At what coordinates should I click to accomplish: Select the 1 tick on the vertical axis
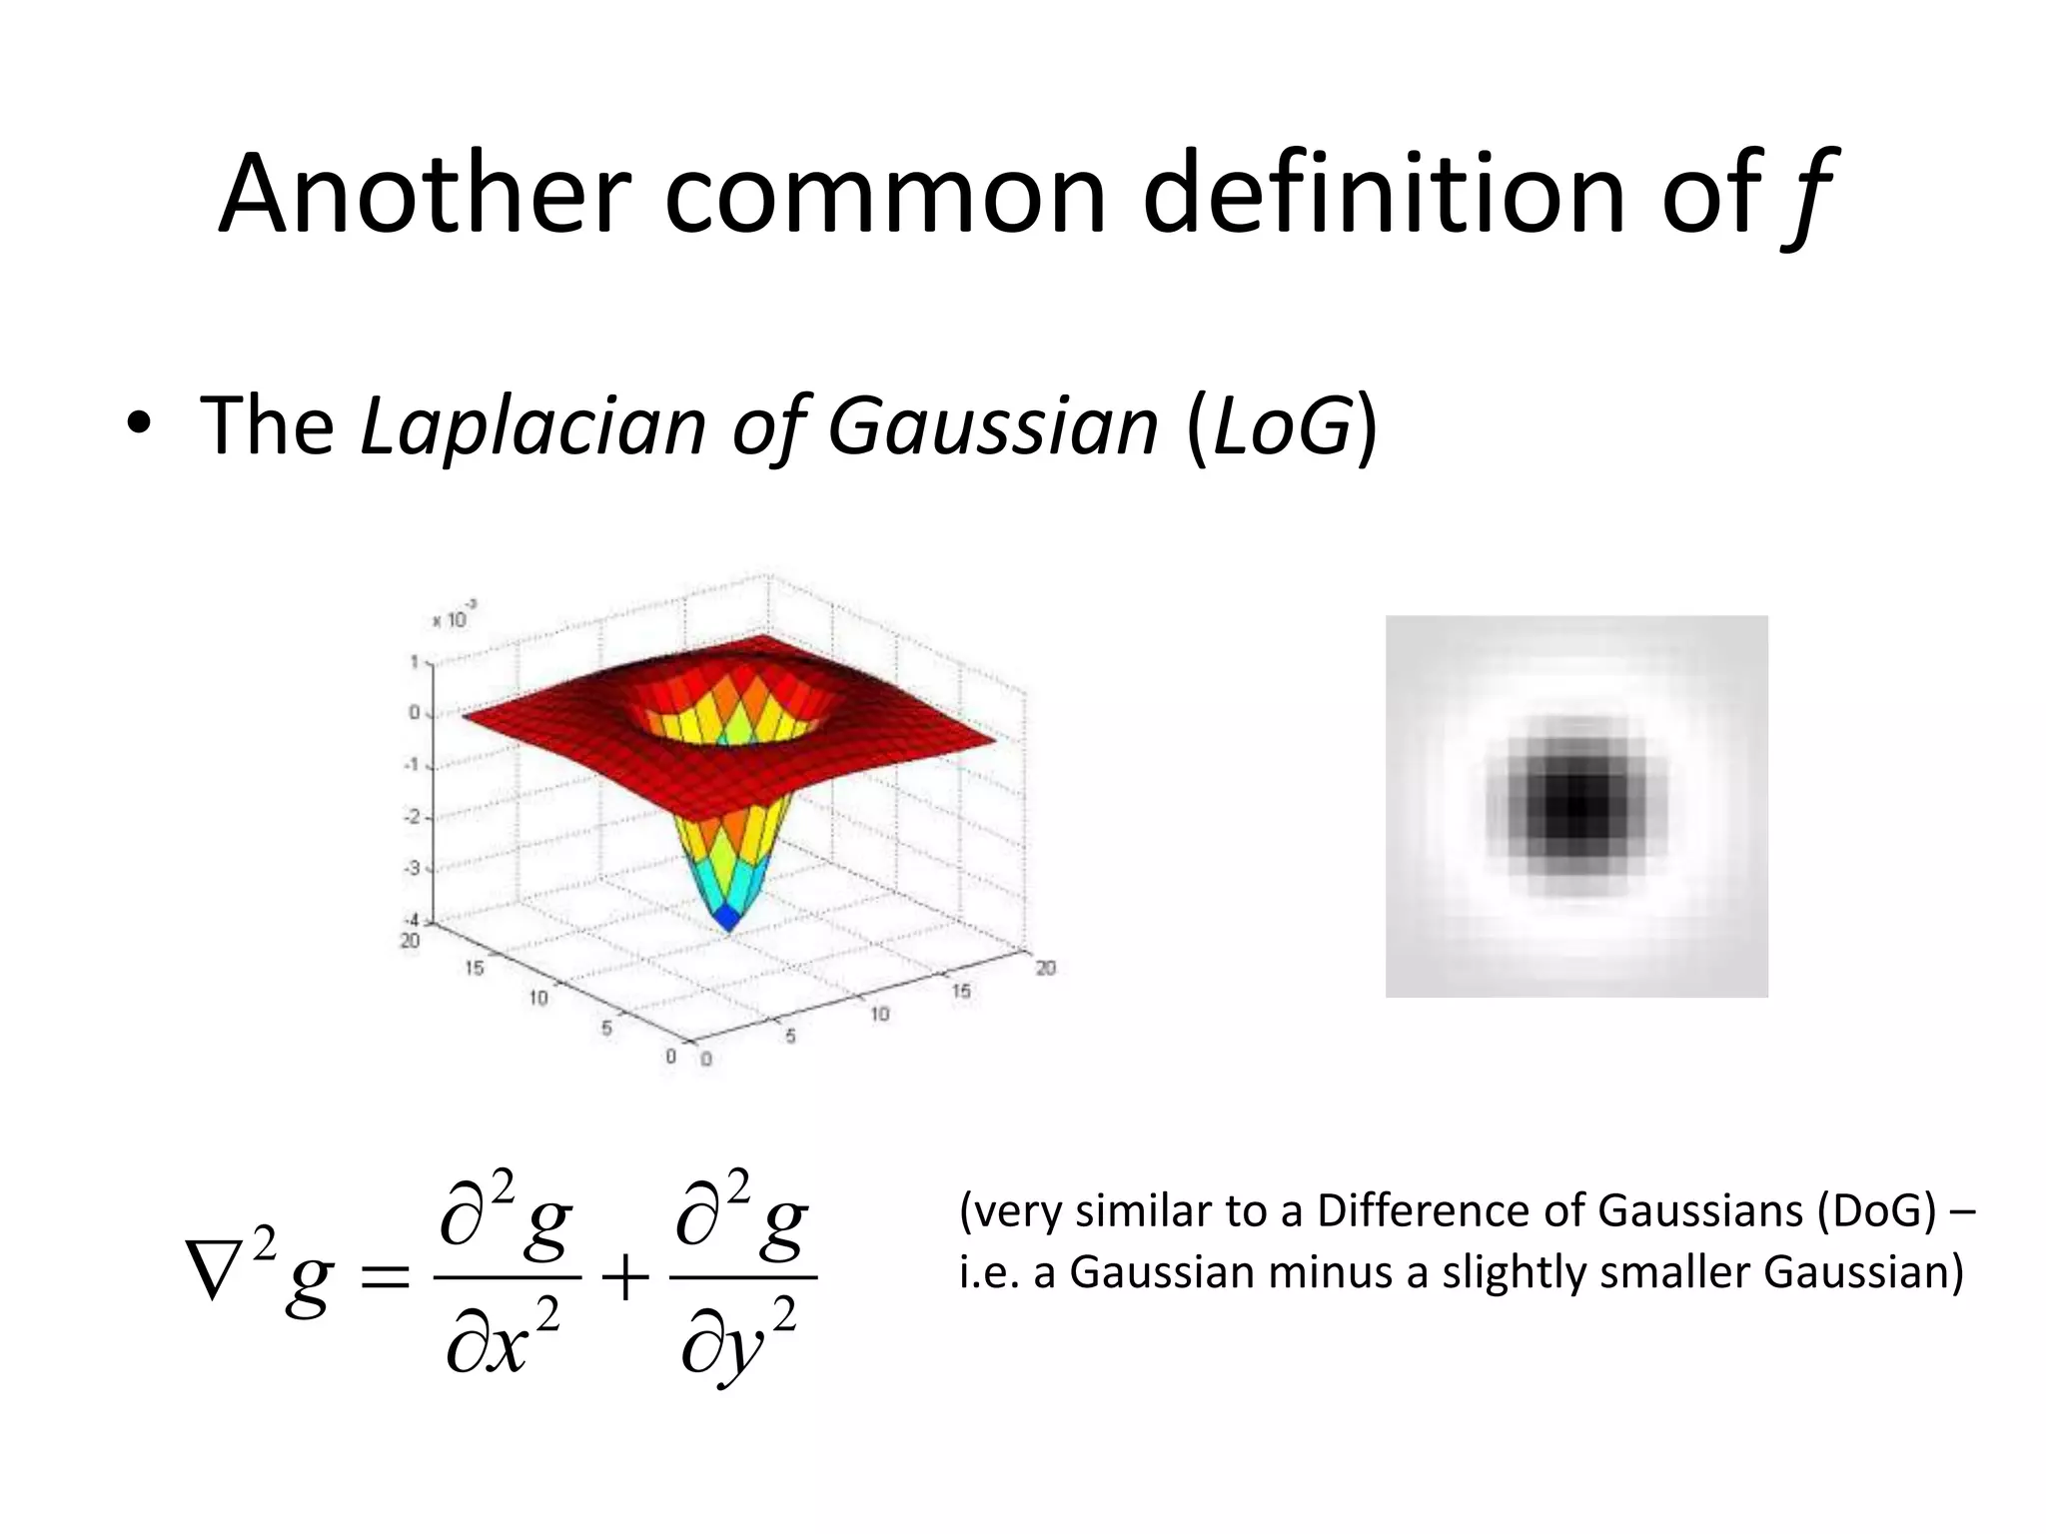[414, 661]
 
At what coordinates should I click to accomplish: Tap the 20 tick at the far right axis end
[1045, 967]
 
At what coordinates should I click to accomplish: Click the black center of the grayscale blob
[1576, 806]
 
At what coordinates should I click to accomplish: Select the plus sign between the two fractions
[624, 1277]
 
